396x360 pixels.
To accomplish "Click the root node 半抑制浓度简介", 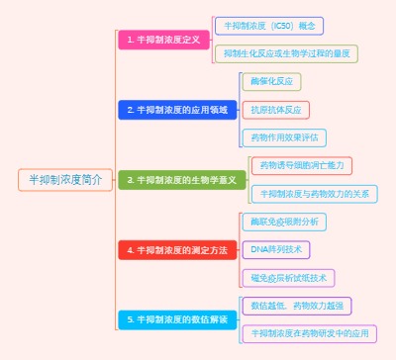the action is tap(65, 180).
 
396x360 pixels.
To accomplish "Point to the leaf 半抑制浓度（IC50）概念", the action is tap(268, 25).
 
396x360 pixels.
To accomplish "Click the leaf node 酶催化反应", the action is tap(271, 82).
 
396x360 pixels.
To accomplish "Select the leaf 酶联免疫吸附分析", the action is tap(285, 222).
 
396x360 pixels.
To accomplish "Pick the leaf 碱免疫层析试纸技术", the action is tap(288, 278).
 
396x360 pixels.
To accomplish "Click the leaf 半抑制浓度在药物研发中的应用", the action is tap(309, 333).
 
